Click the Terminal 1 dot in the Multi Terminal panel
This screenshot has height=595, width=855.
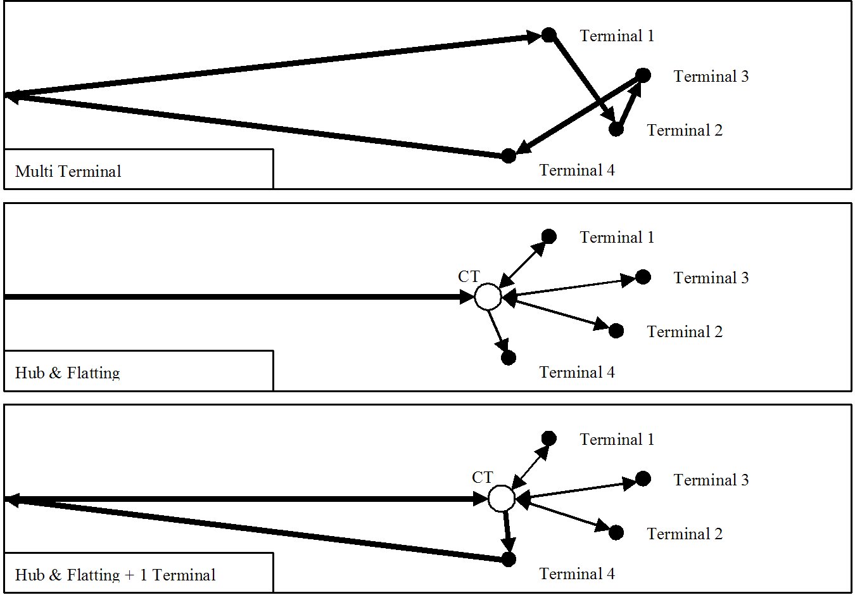point(549,35)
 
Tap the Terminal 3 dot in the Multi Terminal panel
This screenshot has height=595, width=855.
point(643,75)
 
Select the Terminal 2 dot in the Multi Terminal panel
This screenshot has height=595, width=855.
point(616,129)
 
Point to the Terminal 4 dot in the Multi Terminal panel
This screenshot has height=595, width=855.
point(509,156)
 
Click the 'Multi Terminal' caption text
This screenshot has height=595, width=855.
point(68,171)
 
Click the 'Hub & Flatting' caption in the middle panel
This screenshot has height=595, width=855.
point(68,373)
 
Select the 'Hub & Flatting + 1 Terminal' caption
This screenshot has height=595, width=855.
point(115,575)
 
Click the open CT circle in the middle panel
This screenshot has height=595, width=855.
point(488,297)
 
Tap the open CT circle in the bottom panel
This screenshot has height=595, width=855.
point(502,499)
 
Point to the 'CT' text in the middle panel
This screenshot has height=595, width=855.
point(469,276)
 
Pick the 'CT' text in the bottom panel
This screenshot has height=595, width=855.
point(483,477)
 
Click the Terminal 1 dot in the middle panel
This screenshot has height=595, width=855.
point(549,237)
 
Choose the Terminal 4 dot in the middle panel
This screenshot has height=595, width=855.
point(509,358)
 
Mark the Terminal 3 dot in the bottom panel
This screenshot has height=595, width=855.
point(643,478)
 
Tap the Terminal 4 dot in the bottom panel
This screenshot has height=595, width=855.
point(509,560)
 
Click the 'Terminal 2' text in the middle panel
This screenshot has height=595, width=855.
point(685,331)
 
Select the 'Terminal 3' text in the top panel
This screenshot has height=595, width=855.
point(711,76)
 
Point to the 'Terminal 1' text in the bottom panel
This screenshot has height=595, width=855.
point(617,439)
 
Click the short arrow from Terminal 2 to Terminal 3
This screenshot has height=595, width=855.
point(630,103)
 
